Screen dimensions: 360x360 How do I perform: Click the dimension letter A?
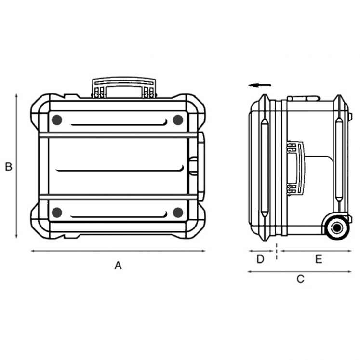(118, 265)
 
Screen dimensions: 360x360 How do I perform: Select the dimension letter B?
(8, 167)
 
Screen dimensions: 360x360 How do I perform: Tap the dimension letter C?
(300, 279)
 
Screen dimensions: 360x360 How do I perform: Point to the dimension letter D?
(260, 259)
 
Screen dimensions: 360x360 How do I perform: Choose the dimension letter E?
(319, 259)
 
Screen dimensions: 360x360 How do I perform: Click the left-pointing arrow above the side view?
(260, 85)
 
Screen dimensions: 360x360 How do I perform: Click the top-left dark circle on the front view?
(57, 120)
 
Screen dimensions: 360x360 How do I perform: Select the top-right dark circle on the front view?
(178, 120)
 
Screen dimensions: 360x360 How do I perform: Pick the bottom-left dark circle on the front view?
(57, 212)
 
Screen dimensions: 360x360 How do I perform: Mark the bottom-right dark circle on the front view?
(178, 212)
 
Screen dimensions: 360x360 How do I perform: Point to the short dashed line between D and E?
(276, 251)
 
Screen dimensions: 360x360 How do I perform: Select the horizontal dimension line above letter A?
(118, 251)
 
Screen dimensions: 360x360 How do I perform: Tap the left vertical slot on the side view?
(264, 166)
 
